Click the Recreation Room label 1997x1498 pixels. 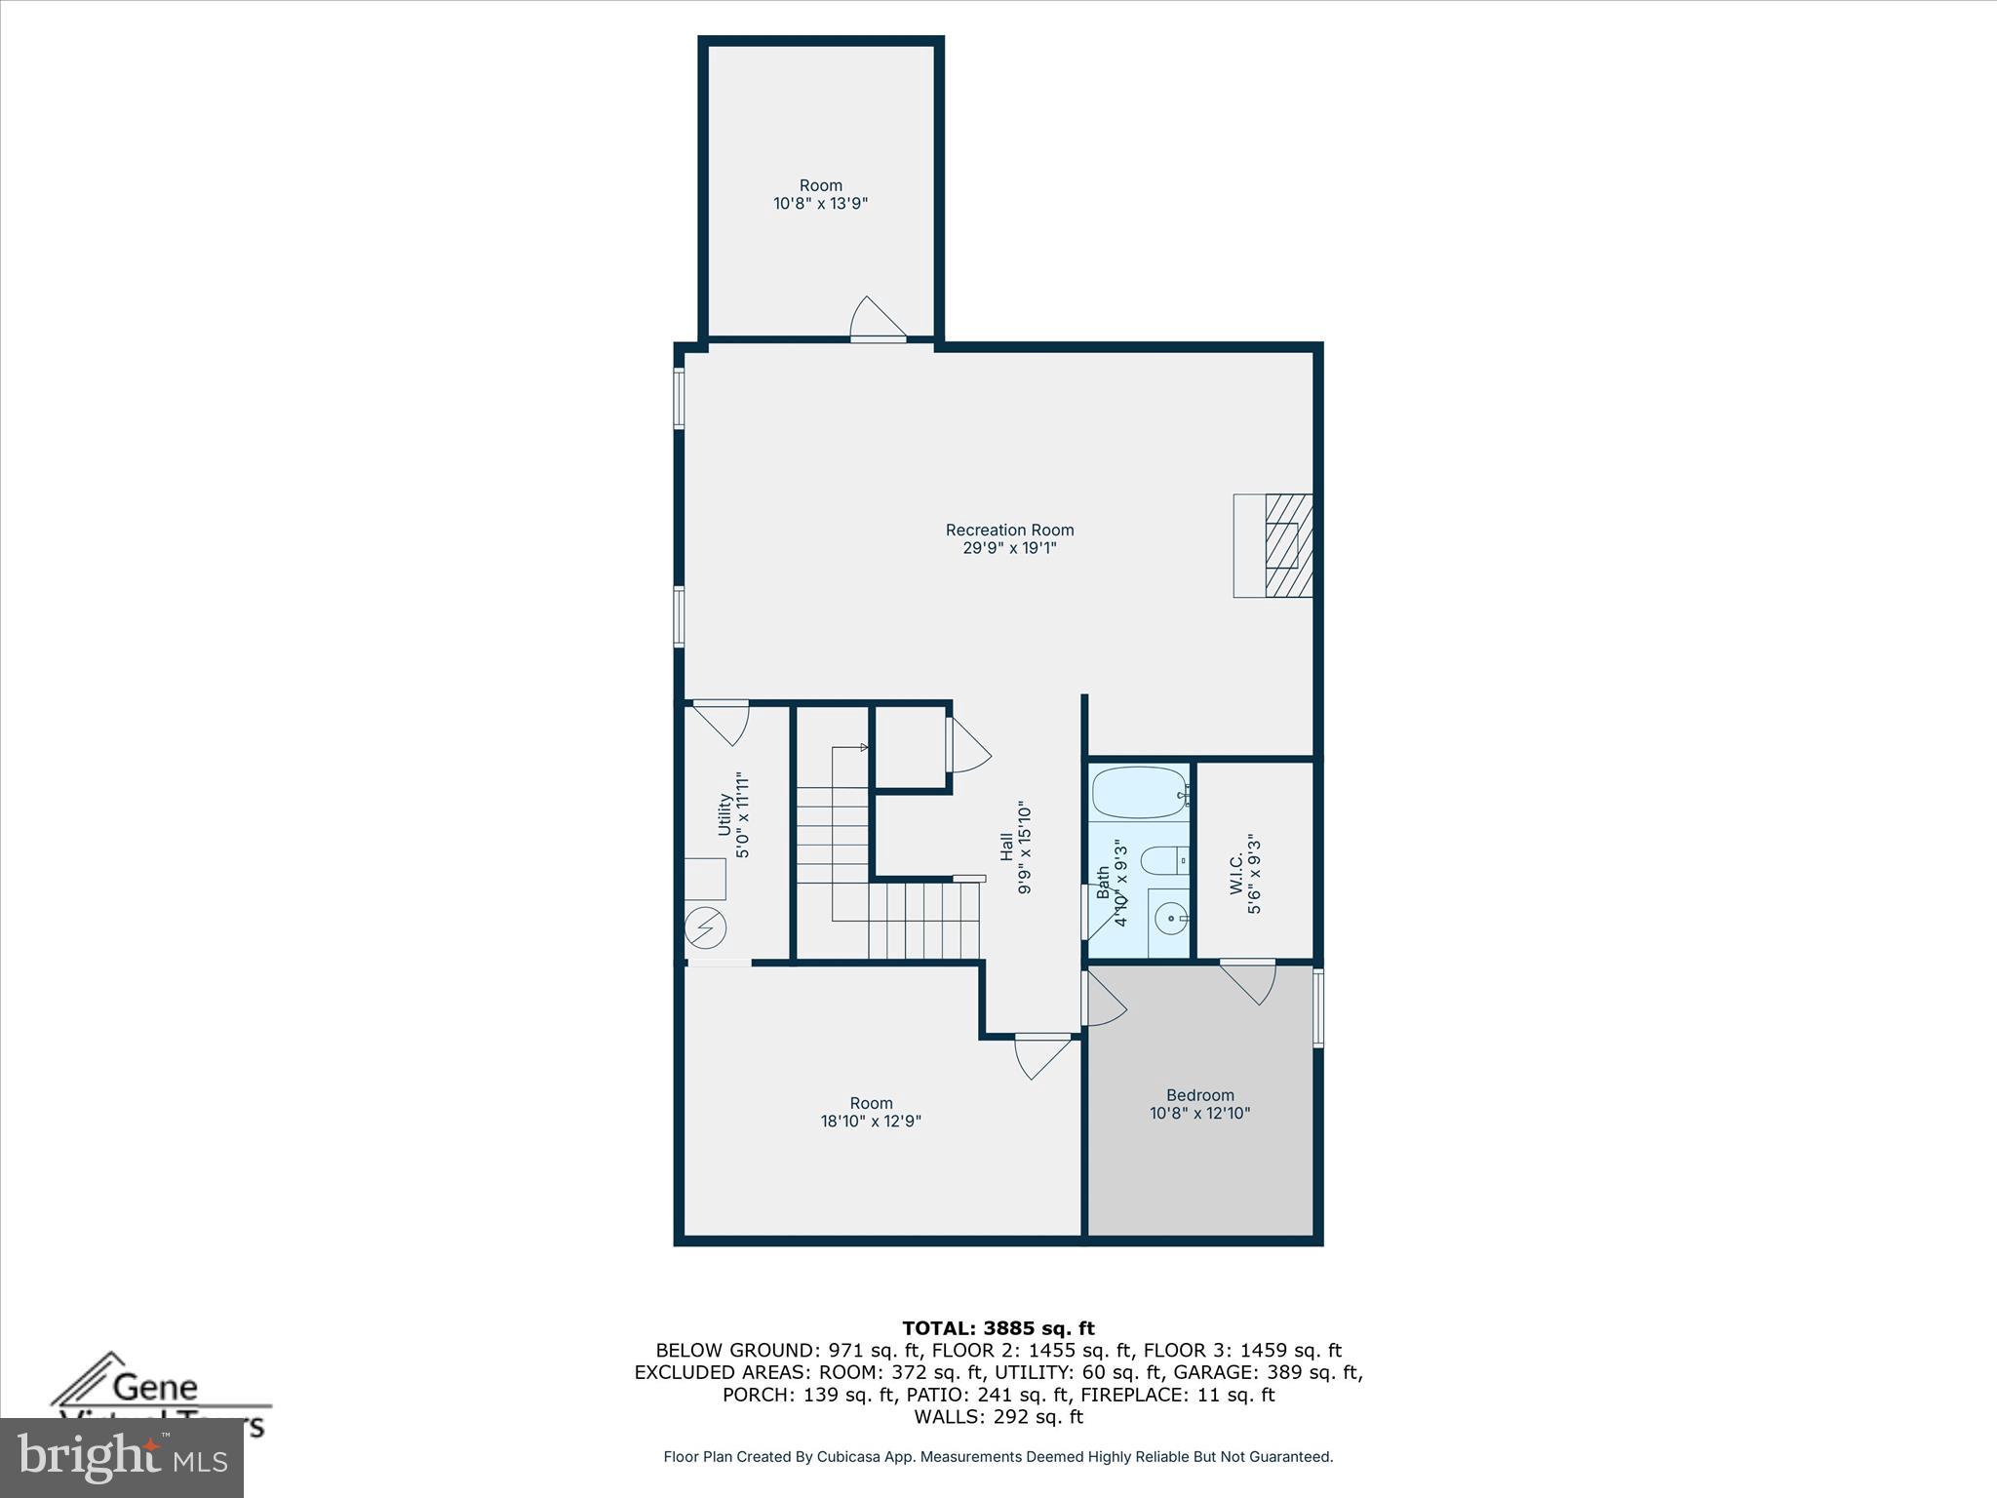coord(1009,530)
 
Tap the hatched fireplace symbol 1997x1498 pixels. coord(1288,545)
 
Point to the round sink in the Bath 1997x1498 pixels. coord(1167,918)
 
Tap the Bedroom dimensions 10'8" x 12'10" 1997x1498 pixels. coord(1199,1113)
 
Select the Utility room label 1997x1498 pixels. coord(724,814)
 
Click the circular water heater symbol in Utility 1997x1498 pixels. coord(705,927)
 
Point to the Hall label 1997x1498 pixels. coord(1006,847)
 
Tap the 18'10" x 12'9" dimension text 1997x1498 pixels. coord(871,1122)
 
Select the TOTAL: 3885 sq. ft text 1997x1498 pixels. coord(998,1328)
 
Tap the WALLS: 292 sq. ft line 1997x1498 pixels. coord(998,1416)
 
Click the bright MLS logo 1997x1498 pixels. coord(122,1458)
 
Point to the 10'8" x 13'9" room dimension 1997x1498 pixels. coord(820,204)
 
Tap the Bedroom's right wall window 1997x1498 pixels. coord(1317,1007)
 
